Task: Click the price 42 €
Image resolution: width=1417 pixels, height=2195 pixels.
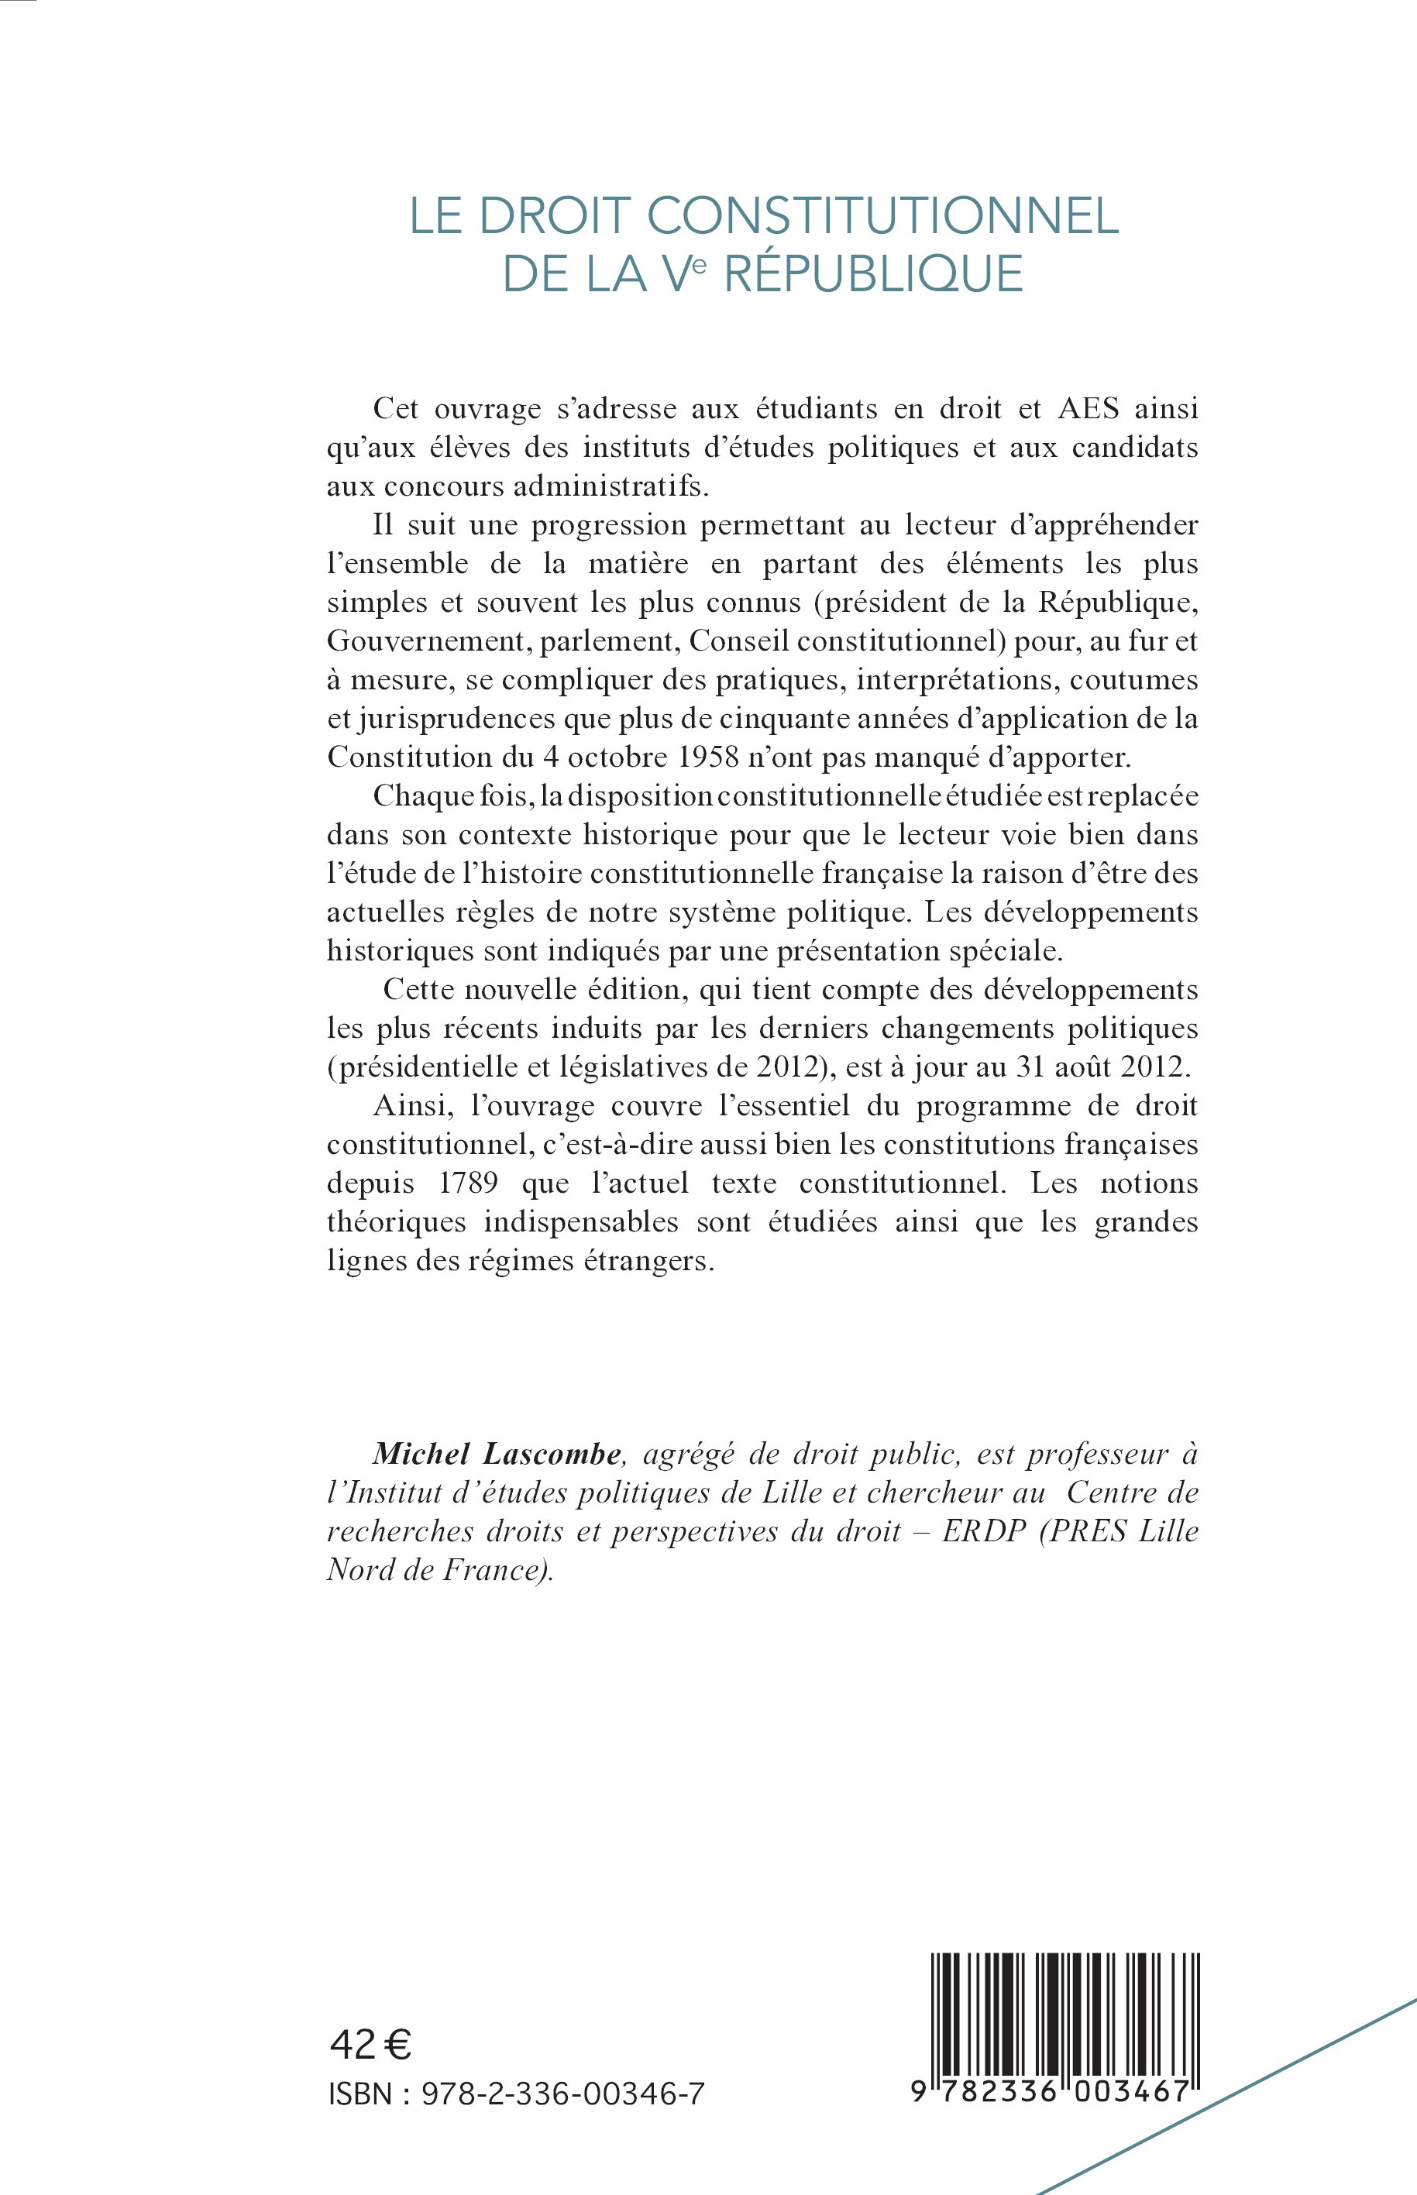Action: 370,2045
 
